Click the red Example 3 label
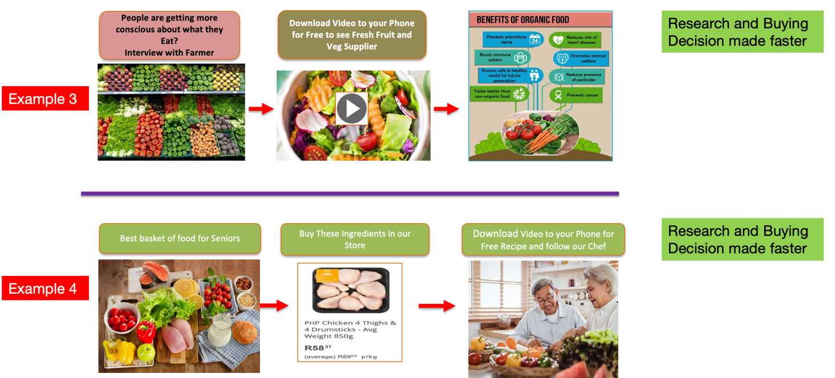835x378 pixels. [x=45, y=98]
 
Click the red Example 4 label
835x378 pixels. [x=45, y=288]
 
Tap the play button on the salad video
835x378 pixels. [x=351, y=108]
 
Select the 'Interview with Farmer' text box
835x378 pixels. [x=169, y=35]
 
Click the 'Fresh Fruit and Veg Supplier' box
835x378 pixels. [x=352, y=35]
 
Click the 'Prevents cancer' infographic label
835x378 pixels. [x=575, y=95]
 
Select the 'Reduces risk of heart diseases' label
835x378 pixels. [x=574, y=40]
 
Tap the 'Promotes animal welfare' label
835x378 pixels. [x=581, y=58]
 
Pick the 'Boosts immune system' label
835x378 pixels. [x=502, y=58]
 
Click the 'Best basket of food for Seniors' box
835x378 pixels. [x=180, y=238]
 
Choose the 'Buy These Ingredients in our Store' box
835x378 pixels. [x=355, y=239]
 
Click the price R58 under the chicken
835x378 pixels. [x=314, y=347]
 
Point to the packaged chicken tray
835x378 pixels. [x=351, y=290]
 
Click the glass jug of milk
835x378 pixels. [x=219, y=331]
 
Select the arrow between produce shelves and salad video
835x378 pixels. [x=261, y=109]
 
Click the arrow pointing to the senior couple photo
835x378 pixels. [x=437, y=306]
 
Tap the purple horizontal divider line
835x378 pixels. [x=350, y=194]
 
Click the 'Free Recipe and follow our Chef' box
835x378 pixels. [x=543, y=239]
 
